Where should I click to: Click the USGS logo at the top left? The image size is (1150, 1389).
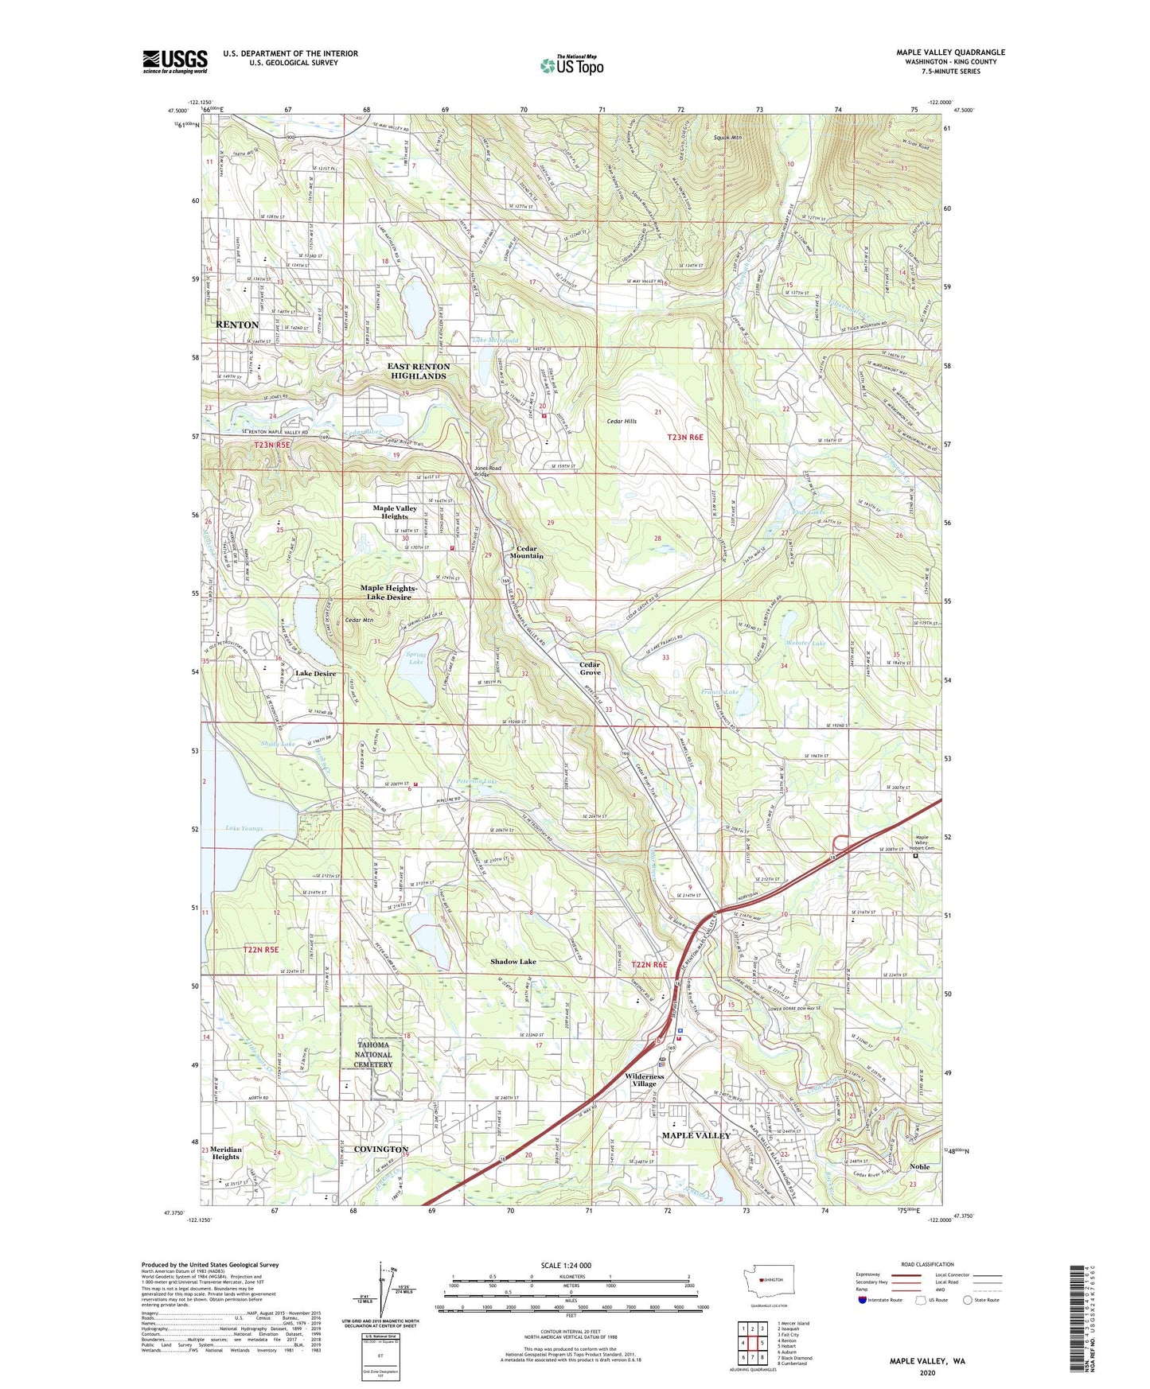[x=175, y=61]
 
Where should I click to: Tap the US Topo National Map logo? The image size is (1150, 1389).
[x=571, y=65]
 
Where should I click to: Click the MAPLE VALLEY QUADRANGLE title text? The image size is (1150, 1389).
[x=950, y=53]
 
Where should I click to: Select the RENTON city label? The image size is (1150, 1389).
[x=237, y=325]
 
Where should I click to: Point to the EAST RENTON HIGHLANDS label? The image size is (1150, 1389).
[x=419, y=372]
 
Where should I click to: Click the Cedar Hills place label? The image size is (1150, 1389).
[x=622, y=422]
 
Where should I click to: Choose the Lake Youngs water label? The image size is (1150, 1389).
[x=244, y=828]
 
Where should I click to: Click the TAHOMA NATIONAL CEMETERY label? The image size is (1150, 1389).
[x=373, y=1054]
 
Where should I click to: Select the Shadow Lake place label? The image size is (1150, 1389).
[x=513, y=962]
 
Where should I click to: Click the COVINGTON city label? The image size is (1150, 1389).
[x=380, y=1149]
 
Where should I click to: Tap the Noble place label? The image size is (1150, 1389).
[x=919, y=1166]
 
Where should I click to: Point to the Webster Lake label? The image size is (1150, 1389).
[x=806, y=643]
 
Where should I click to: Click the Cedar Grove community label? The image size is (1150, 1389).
[x=590, y=668]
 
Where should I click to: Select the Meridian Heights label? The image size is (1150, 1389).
[x=225, y=1153]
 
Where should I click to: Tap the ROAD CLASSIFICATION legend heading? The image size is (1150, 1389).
[x=928, y=1264]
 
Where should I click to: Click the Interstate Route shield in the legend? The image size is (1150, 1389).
[x=863, y=1301]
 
